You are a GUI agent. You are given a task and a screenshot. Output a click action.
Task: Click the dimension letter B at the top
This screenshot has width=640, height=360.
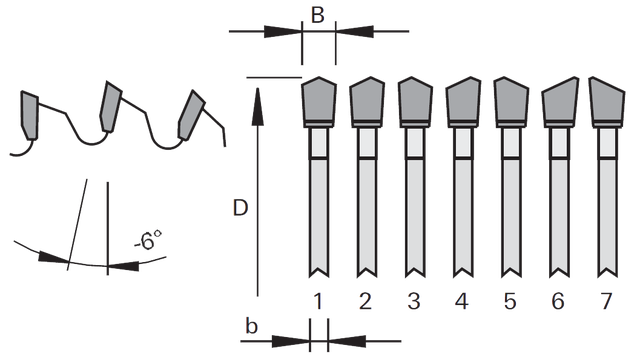318,15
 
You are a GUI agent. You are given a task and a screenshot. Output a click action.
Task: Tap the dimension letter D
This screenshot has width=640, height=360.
240,208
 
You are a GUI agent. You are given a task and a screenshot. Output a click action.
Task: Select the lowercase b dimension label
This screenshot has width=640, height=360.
252,326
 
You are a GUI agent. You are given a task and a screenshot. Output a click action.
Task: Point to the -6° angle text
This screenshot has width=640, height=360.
148,240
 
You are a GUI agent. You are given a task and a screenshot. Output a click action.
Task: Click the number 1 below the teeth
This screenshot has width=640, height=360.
318,302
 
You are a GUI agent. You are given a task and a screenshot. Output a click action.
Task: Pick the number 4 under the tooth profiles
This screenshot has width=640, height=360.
462,302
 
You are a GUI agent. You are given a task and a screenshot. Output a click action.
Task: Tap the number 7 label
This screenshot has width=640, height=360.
606,302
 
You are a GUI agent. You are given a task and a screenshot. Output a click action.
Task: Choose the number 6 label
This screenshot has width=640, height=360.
558,302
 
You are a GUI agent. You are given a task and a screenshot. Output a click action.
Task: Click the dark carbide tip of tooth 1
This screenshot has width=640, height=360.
319,100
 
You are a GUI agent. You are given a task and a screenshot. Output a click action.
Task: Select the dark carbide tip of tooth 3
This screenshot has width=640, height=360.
415,100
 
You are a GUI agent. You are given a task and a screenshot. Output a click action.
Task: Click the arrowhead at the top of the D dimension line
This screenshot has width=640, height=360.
258,105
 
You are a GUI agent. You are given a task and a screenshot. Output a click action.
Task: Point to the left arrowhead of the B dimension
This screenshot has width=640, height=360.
282,31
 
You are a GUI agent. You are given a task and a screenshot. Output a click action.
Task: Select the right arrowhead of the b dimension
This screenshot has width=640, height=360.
347,341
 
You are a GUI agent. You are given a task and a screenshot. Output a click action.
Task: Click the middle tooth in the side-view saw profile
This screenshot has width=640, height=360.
111,106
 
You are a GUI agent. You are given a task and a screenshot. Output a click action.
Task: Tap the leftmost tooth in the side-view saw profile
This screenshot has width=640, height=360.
29,115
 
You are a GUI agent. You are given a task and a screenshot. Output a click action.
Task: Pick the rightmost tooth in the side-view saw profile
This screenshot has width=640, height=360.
191,116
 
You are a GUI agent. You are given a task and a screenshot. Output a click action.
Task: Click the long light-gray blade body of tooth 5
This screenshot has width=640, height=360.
511,216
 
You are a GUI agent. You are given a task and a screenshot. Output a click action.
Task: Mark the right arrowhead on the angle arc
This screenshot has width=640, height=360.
123,266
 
